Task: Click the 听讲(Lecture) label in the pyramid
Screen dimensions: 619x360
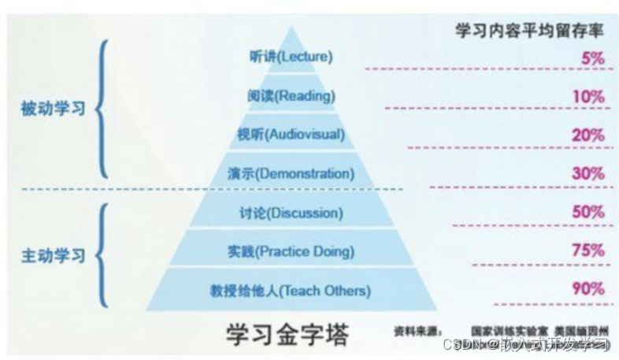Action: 291,57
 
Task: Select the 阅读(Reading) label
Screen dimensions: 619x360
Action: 291,95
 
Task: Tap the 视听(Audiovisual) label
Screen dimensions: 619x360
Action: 291,135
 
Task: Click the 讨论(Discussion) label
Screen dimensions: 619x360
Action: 291,213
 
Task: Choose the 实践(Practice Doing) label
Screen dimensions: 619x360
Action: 291,252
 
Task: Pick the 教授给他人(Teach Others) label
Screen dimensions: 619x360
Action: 291,291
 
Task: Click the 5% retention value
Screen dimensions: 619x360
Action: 591,58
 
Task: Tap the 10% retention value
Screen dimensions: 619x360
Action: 589,97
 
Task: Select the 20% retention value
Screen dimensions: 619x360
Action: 588,135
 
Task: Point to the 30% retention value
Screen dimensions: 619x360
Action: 588,173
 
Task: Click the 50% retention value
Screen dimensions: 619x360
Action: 588,212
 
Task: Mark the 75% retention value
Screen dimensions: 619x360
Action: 588,251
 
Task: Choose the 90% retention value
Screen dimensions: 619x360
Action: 588,289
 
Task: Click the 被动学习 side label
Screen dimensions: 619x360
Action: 52,109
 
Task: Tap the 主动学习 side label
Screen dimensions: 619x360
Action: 52,256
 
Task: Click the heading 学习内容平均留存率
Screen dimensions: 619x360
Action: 529,31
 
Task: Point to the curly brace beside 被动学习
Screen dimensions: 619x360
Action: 103,109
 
